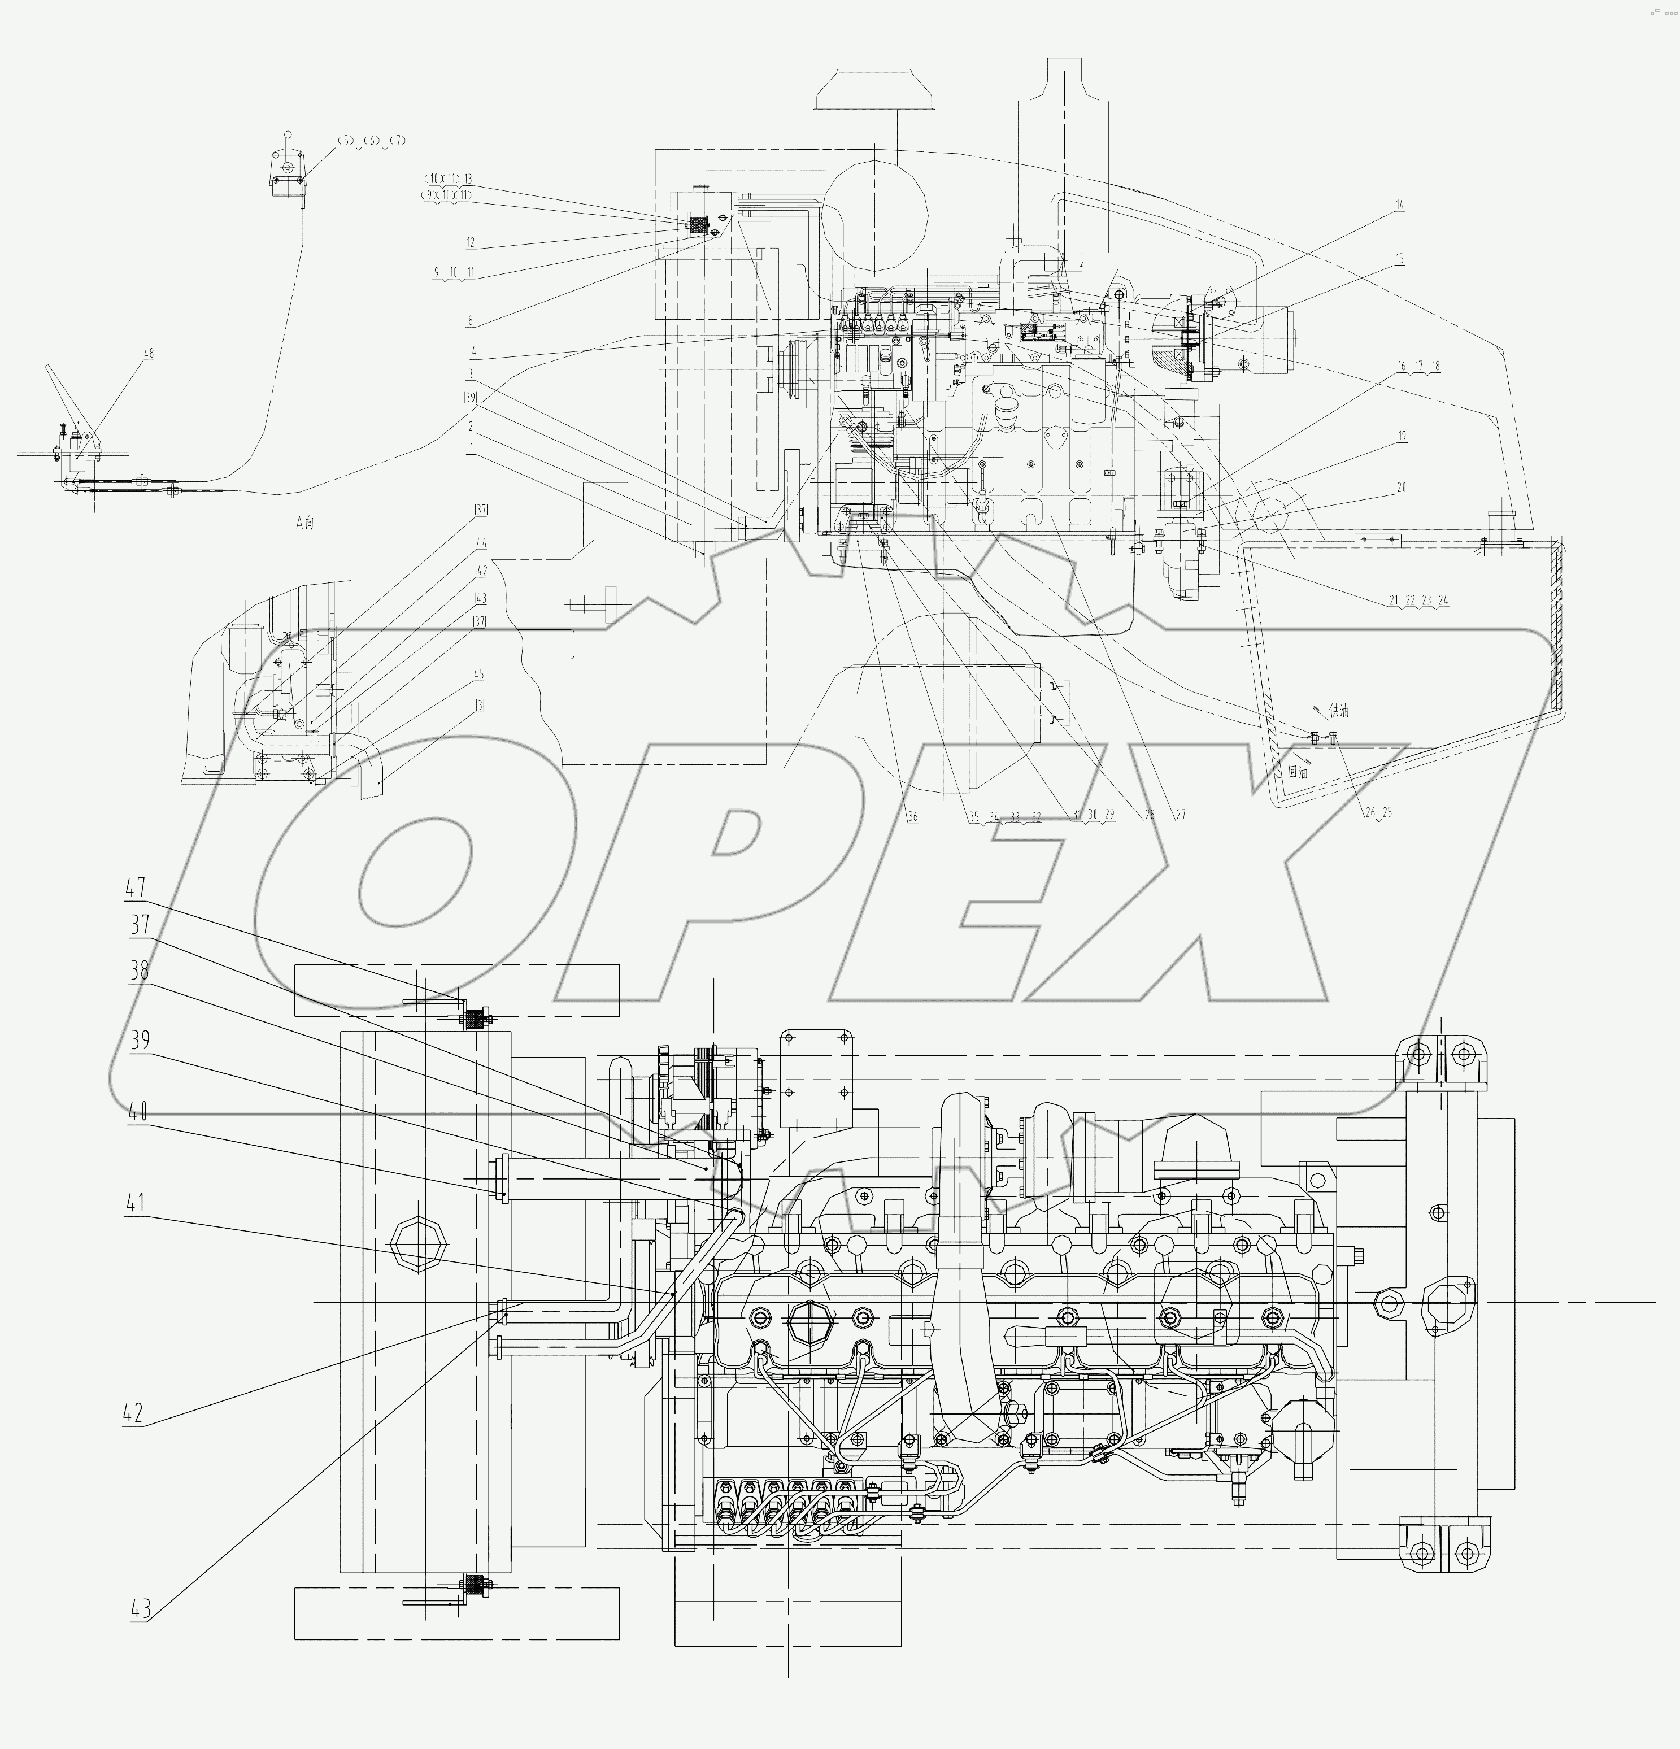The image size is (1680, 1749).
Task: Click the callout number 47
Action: (x=136, y=888)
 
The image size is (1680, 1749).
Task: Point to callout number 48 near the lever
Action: (x=148, y=354)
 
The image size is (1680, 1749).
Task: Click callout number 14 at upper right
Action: (x=1400, y=205)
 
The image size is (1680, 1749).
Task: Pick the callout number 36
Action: (x=912, y=816)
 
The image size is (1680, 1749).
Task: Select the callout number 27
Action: (x=1181, y=815)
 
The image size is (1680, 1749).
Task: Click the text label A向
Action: (x=305, y=523)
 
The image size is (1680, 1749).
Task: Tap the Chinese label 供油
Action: (x=1338, y=711)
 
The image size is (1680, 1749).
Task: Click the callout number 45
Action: (x=480, y=674)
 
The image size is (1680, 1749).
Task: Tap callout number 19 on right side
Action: (x=1402, y=436)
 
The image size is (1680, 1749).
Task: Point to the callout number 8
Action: (x=470, y=319)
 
